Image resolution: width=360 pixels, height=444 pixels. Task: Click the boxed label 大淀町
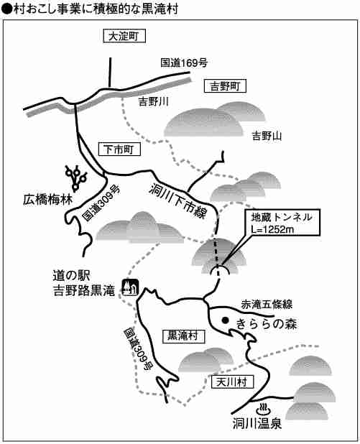[x=124, y=36]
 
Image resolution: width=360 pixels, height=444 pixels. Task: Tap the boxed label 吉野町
[x=225, y=85]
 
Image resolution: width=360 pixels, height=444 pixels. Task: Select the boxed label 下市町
[x=119, y=149]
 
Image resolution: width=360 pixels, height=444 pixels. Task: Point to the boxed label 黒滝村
[x=183, y=336]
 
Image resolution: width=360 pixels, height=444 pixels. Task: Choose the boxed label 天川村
[x=233, y=382]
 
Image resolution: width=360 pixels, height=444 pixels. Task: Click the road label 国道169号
[x=184, y=63]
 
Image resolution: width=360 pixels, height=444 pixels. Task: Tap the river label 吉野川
[x=153, y=101]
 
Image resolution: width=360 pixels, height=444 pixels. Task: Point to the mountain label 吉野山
[x=267, y=137]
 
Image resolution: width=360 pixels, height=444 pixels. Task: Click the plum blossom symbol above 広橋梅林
[x=76, y=177]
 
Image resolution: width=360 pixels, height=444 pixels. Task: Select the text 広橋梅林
[x=48, y=200]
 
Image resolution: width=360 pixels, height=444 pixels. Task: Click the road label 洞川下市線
[x=178, y=200]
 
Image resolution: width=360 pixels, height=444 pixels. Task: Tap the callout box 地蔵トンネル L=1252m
[x=282, y=223]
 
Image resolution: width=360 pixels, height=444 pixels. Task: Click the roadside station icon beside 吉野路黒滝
[x=130, y=287]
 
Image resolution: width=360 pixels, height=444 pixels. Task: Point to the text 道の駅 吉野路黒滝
[x=84, y=283]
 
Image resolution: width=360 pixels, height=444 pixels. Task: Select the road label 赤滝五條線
[x=267, y=305]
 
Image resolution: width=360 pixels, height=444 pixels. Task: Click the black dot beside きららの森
[x=225, y=320]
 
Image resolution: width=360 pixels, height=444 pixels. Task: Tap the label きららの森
[x=267, y=323]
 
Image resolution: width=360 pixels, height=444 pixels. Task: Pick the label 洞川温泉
[x=257, y=424]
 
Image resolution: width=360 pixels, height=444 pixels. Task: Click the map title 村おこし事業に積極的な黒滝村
[x=96, y=9]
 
